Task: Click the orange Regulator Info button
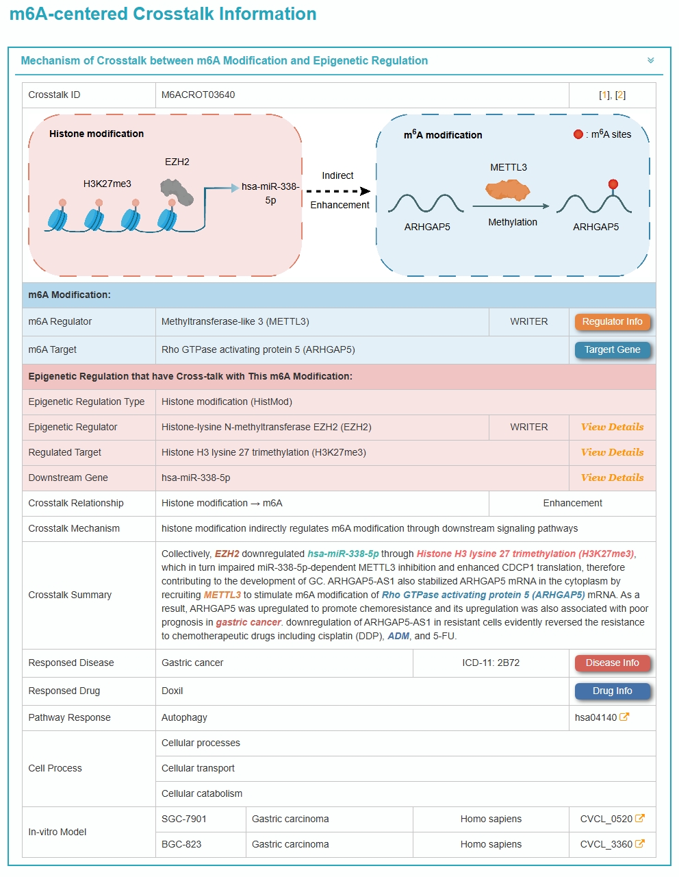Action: click(x=612, y=322)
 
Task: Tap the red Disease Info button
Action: click(x=612, y=663)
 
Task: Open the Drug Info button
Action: click(x=612, y=691)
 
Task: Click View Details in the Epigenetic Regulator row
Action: click(x=612, y=428)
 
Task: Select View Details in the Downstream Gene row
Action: click(x=612, y=478)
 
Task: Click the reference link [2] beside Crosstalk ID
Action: click(x=620, y=95)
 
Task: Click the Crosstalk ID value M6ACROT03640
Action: click(x=198, y=95)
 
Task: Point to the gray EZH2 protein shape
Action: click(x=177, y=192)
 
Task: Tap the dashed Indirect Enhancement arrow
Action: click(x=338, y=191)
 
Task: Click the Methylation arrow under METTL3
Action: click(x=511, y=206)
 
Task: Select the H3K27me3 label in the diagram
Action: click(x=107, y=184)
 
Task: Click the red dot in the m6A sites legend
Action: click(x=578, y=134)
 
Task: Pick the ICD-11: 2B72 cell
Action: click(x=491, y=663)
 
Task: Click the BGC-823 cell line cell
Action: click(x=181, y=845)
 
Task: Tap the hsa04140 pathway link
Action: click(x=602, y=717)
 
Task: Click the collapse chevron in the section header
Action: click(x=650, y=61)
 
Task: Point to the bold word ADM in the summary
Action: click(x=398, y=637)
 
